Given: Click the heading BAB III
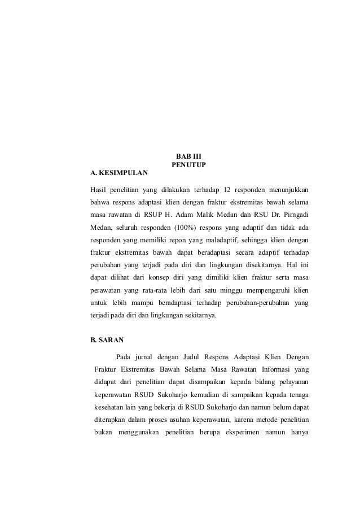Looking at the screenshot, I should tap(188, 155).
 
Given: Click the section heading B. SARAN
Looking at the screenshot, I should tap(106, 341).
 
